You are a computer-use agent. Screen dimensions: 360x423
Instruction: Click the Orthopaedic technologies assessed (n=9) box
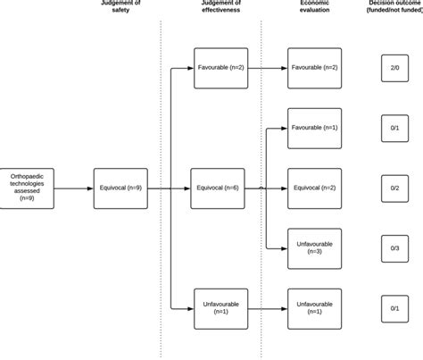pyautogui.click(x=27, y=188)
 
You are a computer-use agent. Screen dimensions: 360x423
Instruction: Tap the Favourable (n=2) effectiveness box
pyautogui.click(x=220, y=68)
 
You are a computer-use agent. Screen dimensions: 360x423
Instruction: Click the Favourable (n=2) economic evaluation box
pyautogui.click(x=314, y=68)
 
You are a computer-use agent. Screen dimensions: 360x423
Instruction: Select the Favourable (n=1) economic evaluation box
pyautogui.click(x=314, y=128)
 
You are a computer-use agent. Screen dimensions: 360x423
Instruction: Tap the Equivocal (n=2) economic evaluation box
pyautogui.click(x=314, y=188)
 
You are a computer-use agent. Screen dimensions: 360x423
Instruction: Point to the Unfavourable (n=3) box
pyautogui.click(x=314, y=248)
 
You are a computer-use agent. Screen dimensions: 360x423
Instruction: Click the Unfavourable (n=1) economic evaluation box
pyautogui.click(x=314, y=309)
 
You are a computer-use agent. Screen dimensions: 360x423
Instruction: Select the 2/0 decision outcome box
pyautogui.click(x=394, y=68)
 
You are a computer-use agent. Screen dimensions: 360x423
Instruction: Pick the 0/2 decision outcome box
pyautogui.click(x=394, y=188)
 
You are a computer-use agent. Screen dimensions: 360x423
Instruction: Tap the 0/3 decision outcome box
pyautogui.click(x=394, y=248)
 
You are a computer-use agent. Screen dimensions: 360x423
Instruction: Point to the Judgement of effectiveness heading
pyautogui.click(x=218, y=8)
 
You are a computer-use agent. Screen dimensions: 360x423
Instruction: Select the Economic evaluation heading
pyautogui.click(x=315, y=8)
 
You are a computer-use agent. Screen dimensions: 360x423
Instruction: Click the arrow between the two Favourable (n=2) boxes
pyautogui.click(x=267, y=68)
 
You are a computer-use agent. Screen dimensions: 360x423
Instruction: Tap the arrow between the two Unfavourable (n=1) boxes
pyautogui.click(x=267, y=309)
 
